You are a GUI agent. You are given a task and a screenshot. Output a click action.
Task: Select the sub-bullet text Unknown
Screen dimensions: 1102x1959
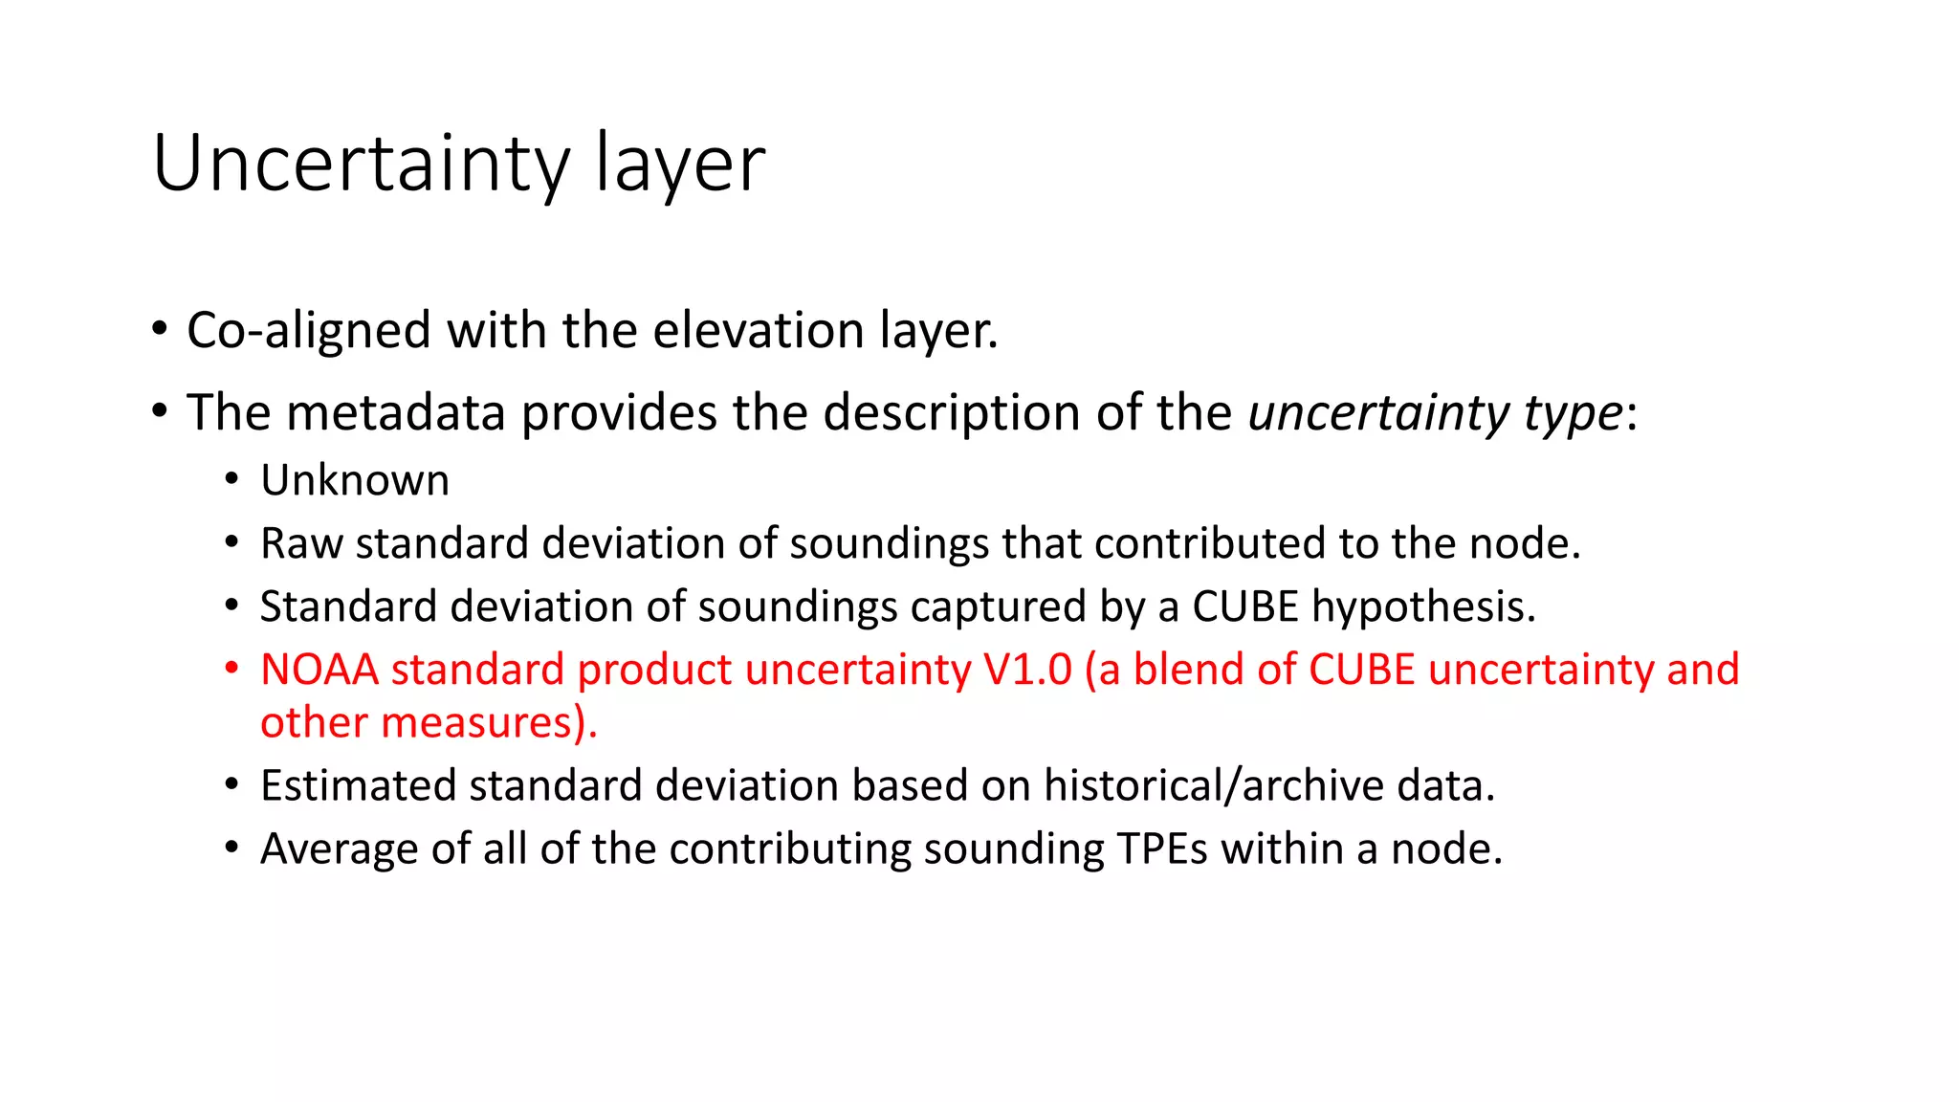(x=355, y=480)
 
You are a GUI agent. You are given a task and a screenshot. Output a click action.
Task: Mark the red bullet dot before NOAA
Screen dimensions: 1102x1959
(x=231, y=669)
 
